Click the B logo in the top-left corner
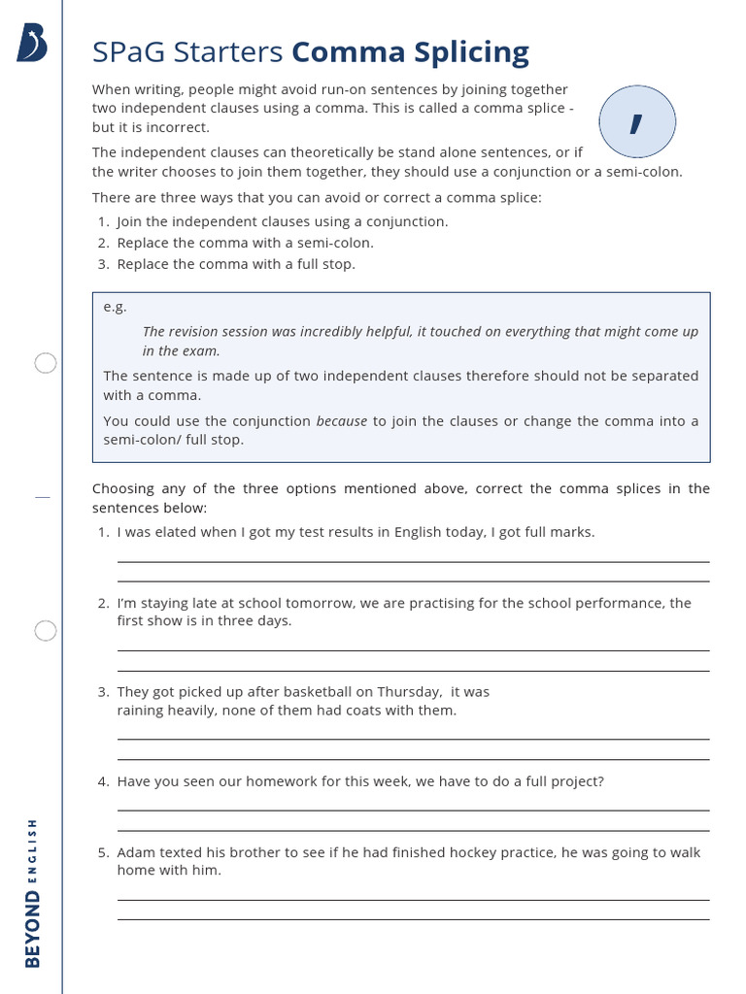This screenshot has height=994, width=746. pos(32,44)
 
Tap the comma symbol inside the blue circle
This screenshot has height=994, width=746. pos(636,122)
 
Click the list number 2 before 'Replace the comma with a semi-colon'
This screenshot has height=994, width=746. pos(103,243)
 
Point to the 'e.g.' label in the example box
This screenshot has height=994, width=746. pos(116,307)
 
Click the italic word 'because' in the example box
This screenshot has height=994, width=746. pos(342,421)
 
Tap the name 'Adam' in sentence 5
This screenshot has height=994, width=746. pos(136,852)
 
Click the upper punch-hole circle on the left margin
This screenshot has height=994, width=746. pos(46,364)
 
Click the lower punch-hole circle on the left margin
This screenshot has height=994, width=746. pos(46,631)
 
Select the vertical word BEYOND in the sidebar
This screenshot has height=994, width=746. pos(33,928)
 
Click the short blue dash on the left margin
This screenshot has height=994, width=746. pos(42,497)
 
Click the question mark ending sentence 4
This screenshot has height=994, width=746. pos(600,781)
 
